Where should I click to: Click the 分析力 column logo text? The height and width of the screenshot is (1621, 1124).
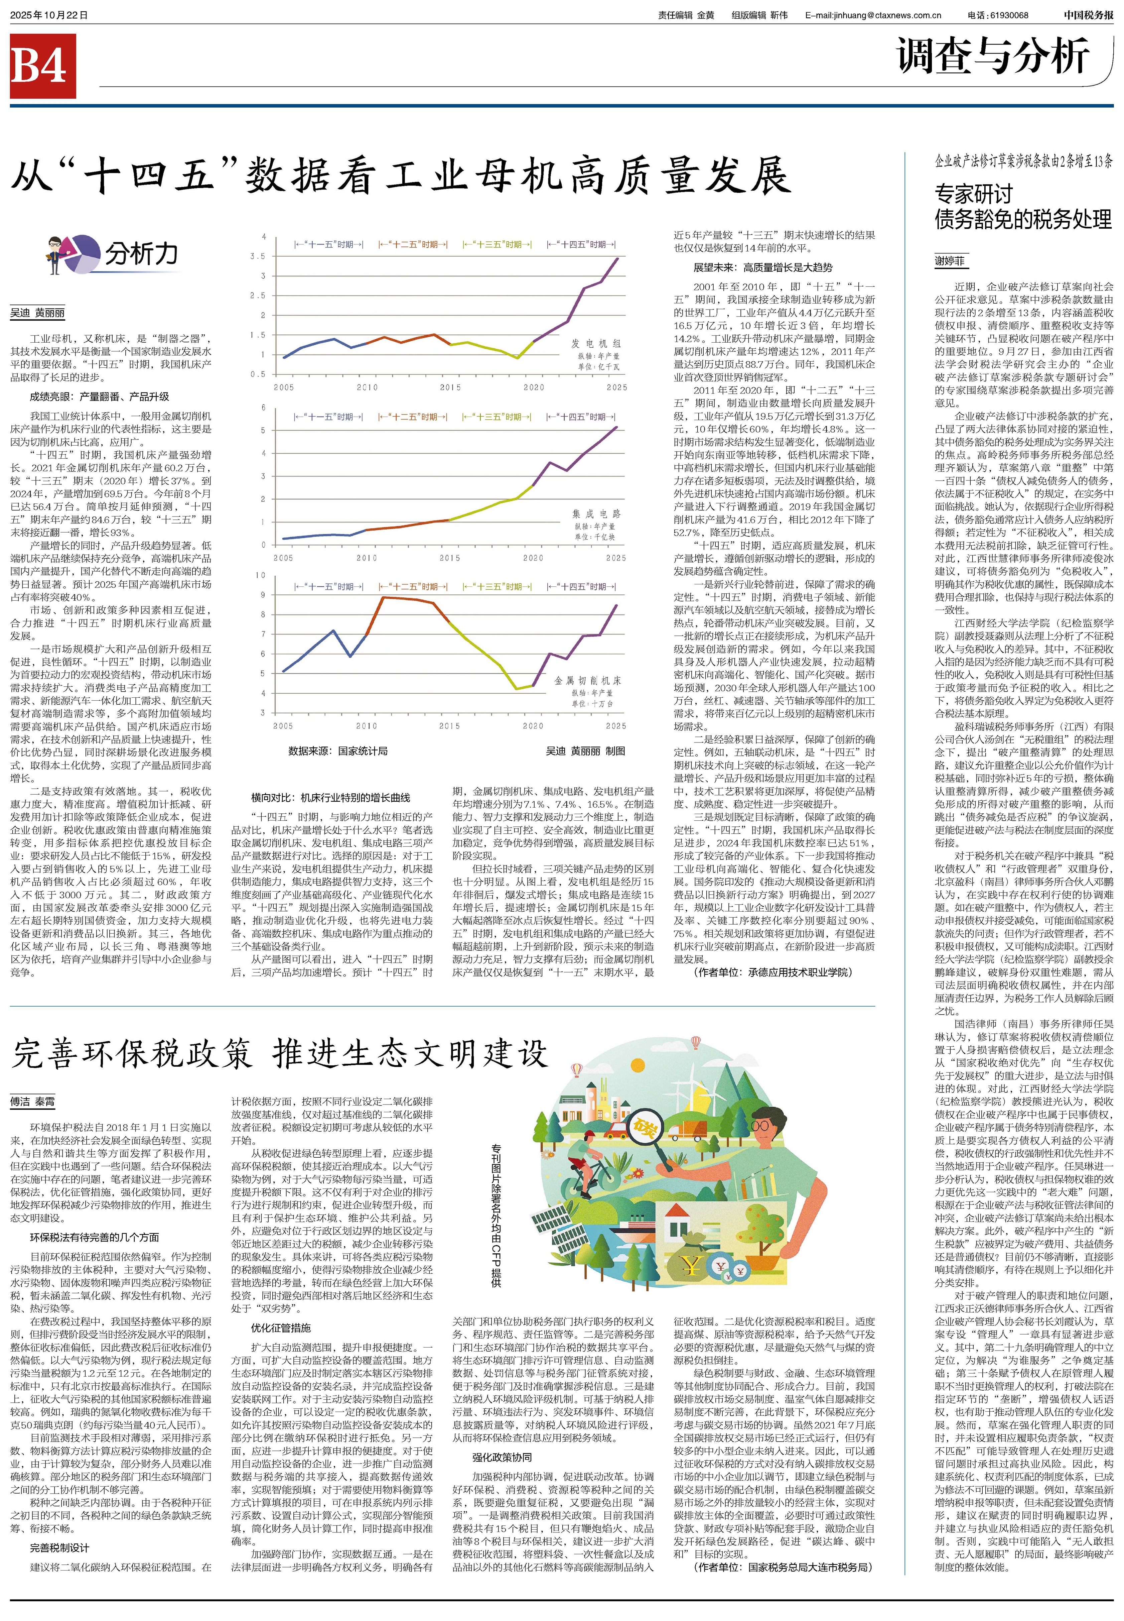[x=141, y=254]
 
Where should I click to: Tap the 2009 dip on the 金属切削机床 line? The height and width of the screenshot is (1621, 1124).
[x=350, y=656]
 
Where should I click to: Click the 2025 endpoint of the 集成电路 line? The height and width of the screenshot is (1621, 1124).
[x=616, y=427]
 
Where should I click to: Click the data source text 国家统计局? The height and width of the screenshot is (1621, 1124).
[x=363, y=751]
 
